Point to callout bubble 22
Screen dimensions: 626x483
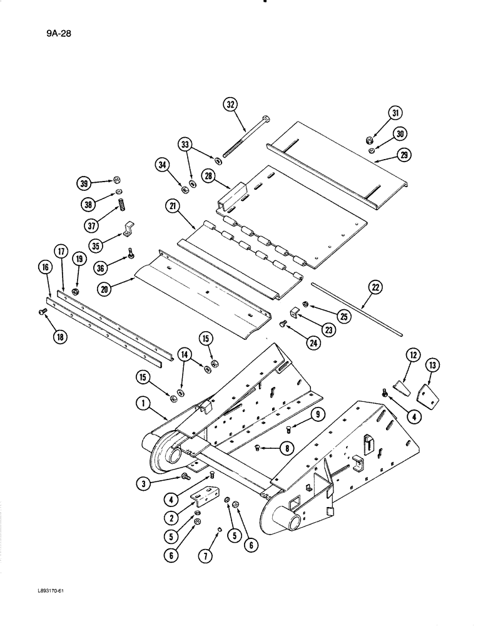(x=374, y=287)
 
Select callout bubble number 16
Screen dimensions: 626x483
(x=44, y=267)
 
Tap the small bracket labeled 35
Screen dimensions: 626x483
(x=128, y=229)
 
